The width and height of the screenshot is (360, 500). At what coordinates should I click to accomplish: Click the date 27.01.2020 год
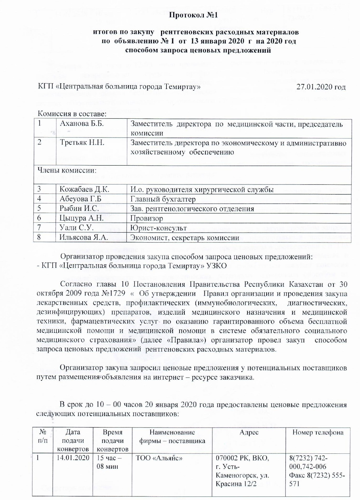point(321,87)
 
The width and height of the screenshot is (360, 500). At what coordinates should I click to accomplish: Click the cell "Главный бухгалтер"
point(163,199)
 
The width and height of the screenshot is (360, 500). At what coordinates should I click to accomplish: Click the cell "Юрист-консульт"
point(158,228)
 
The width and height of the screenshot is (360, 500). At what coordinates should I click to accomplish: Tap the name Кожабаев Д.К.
point(84,190)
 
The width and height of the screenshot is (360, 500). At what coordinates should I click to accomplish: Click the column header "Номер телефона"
point(318,432)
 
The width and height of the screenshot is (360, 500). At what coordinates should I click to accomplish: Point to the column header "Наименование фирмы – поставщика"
point(172,437)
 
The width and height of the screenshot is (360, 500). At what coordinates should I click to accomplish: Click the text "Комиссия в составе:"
point(72,113)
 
